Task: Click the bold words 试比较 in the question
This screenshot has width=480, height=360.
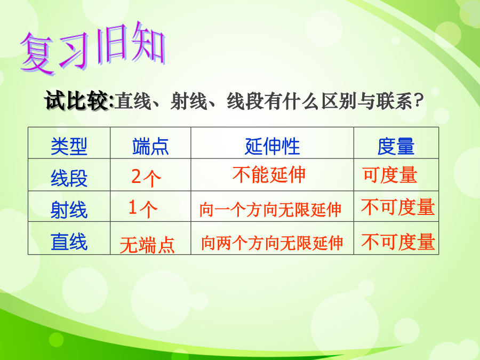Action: click(78, 100)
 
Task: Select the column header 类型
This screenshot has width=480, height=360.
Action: click(69, 146)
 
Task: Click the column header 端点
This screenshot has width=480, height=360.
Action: click(150, 146)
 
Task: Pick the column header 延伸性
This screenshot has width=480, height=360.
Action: click(272, 146)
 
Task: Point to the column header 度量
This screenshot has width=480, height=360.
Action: click(396, 146)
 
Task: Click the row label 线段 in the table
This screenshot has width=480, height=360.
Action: click(69, 178)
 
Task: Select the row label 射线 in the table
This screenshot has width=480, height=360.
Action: click(69, 210)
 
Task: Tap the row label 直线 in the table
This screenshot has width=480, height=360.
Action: click(69, 242)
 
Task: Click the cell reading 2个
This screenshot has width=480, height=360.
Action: click(146, 178)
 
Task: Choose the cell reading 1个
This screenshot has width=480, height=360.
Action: click(143, 209)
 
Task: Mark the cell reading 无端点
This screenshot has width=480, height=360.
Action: click(147, 245)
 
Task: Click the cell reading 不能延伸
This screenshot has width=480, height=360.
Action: click(269, 175)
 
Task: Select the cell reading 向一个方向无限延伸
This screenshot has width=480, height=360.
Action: click(270, 210)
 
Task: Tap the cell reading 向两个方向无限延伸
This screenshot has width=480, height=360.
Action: click(272, 243)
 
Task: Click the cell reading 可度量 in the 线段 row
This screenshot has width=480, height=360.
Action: click(390, 175)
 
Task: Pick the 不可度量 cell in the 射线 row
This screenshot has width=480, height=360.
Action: click(398, 207)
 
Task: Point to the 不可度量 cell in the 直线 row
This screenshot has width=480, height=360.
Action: click(398, 242)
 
